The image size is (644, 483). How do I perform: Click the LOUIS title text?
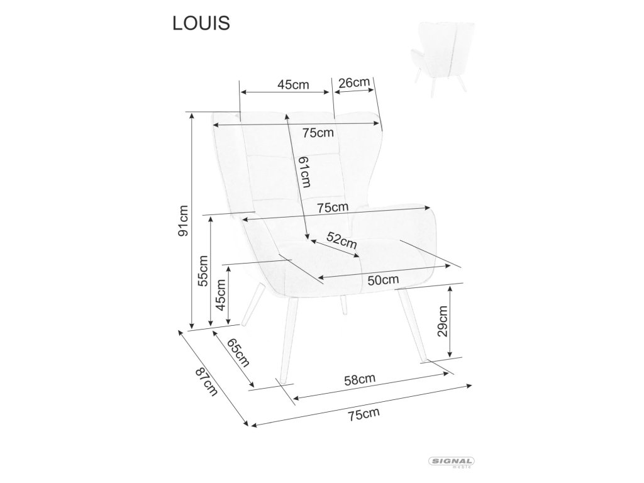click(x=201, y=23)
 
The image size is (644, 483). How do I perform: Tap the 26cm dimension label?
click(x=353, y=82)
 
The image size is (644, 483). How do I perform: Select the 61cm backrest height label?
click(x=305, y=172)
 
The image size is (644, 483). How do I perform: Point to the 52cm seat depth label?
click(x=342, y=240)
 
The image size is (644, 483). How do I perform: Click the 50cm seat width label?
click(x=383, y=280)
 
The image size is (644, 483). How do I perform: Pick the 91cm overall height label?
click(x=183, y=220)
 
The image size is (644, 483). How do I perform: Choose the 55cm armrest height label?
click(x=203, y=271)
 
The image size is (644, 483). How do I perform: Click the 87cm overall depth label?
click(x=206, y=382)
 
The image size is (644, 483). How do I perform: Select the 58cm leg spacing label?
click(x=360, y=379)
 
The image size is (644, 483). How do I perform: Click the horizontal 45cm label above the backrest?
click(x=294, y=85)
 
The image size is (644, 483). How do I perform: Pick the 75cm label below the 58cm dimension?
click(x=365, y=414)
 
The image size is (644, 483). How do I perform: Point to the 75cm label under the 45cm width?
click(x=318, y=133)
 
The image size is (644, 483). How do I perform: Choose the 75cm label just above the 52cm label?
click(x=333, y=207)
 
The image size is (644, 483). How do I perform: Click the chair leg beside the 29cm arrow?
click(x=411, y=327)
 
